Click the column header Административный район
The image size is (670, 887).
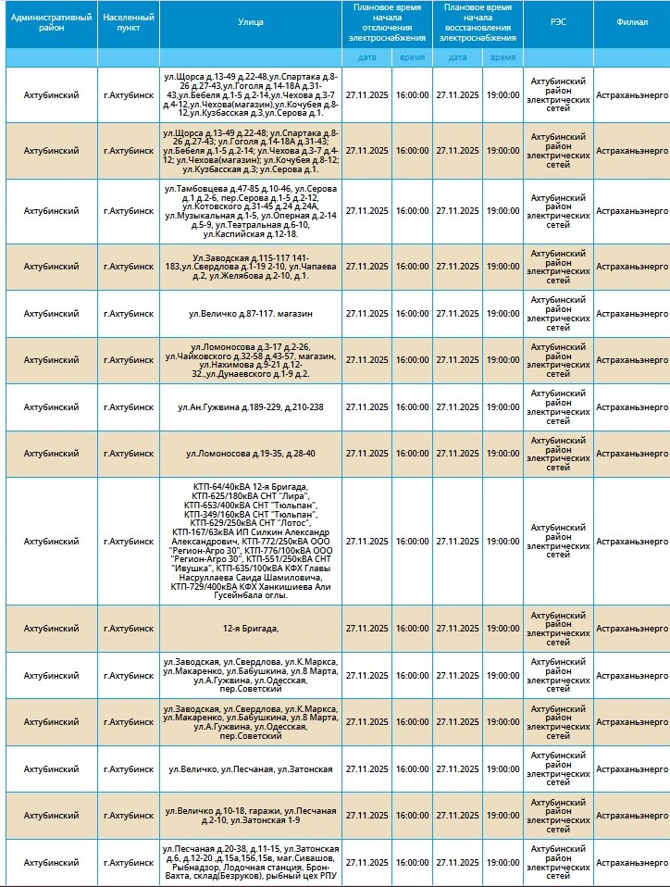[52, 23]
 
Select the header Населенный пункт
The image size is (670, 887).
[129, 23]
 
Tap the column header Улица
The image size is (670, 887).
[251, 23]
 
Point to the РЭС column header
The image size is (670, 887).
[559, 23]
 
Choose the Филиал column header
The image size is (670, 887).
[632, 23]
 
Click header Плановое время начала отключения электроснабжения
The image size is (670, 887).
[387, 23]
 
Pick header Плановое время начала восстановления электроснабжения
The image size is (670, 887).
[478, 23]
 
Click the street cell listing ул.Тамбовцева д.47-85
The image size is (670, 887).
[251, 211]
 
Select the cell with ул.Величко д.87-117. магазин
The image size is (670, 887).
[251, 314]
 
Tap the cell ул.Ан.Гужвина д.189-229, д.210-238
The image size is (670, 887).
[251, 407]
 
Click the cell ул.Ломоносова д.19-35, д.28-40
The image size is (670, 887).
[251, 454]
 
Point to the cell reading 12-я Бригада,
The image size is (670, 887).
[251, 629]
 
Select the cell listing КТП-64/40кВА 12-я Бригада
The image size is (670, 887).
[251, 541]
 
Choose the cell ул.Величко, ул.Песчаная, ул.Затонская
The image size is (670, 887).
[251, 769]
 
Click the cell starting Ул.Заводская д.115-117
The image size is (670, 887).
[251, 267]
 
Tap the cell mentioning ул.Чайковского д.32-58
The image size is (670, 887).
[251, 360]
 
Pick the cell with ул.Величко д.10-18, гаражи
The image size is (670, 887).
[251, 816]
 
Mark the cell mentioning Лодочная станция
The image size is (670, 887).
[251, 863]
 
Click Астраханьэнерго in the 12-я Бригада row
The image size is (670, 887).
[632, 629]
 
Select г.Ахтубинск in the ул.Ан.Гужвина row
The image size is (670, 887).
[129, 407]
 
